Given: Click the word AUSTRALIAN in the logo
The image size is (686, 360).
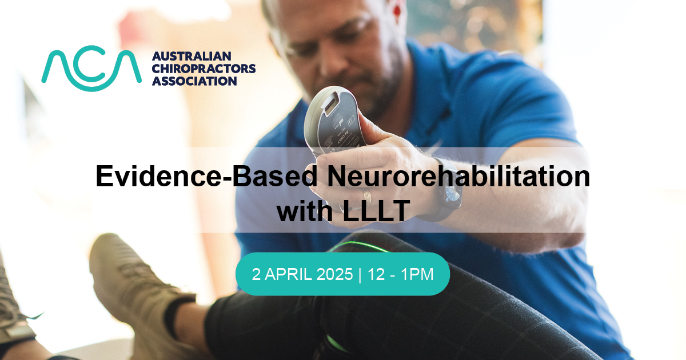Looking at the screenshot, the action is point(192,57).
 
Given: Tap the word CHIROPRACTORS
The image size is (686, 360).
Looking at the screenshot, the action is point(204,69).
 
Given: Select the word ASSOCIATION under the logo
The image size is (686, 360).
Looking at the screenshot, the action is point(194,81).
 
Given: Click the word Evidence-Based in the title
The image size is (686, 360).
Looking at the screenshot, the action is point(206,176).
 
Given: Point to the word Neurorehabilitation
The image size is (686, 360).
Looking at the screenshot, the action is point(458,176).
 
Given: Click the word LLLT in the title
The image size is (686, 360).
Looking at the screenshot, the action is point(376,210).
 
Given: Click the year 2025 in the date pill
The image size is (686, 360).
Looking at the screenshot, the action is point(335,274).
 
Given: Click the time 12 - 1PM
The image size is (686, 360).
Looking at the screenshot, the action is point(401,274).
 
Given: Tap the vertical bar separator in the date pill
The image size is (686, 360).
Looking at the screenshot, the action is point(360,274).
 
